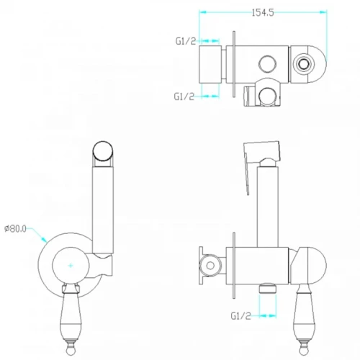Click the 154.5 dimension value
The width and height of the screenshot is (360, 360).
pyautogui.click(x=263, y=12)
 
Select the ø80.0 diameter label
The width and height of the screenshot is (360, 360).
pyautogui.click(x=15, y=229)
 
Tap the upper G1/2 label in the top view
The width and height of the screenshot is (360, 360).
pyautogui.click(x=186, y=41)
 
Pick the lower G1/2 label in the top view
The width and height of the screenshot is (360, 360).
pyautogui.click(x=184, y=96)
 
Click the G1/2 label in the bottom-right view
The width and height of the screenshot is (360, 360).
pyautogui.click(x=240, y=316)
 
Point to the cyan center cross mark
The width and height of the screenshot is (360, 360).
pyautogui.click(x=71, y=266)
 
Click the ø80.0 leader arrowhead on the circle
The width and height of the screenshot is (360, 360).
pyautogui.click(x=44, y=239)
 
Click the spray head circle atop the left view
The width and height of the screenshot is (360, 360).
pyautogui.click(x=103, y=150)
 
